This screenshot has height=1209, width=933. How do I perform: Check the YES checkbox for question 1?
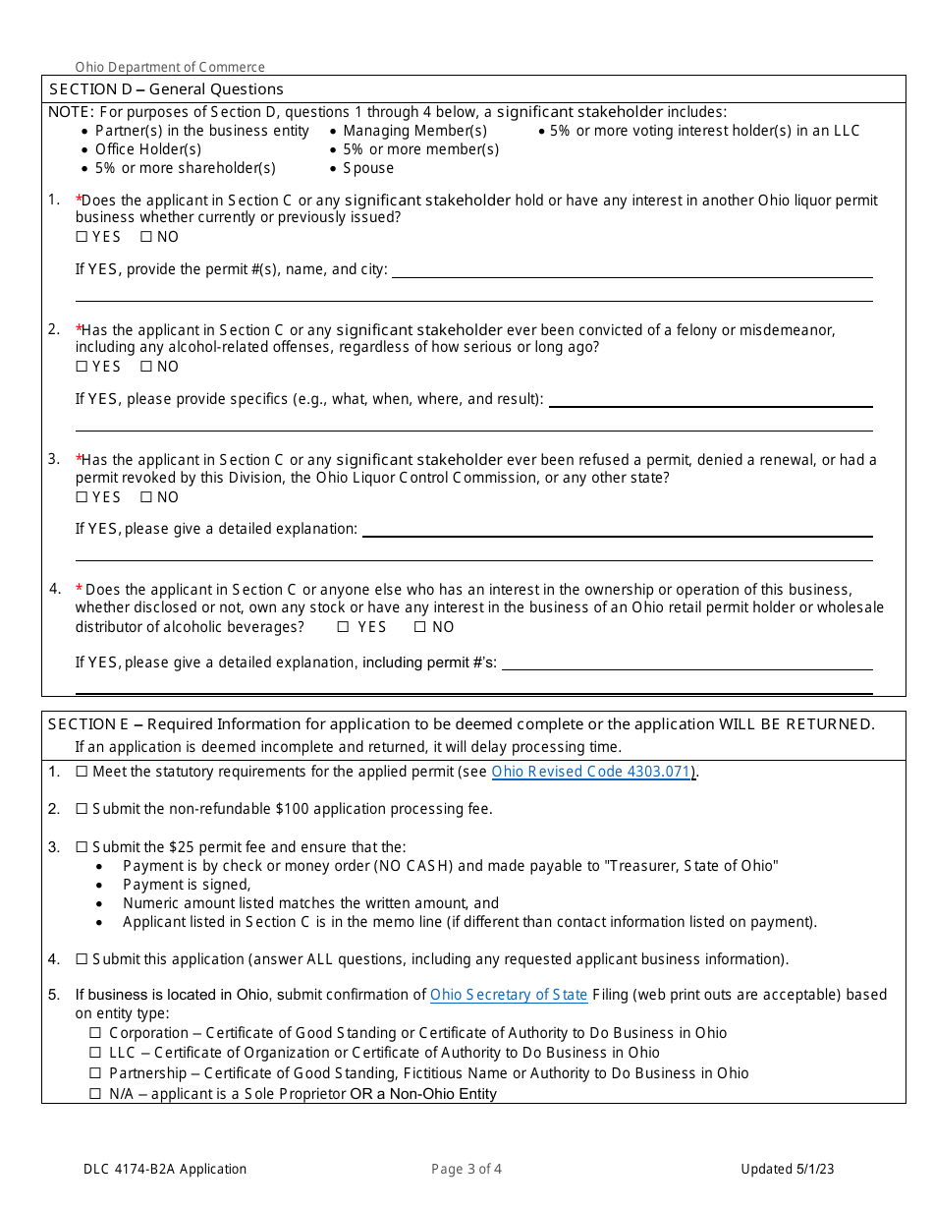coord(82,237)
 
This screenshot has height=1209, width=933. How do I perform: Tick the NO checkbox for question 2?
coord(145,367)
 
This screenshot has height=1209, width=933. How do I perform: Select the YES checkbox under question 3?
coord(82,497)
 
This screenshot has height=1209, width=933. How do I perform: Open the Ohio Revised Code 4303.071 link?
coord(592,772)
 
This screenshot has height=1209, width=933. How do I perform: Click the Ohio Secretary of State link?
coord(509,995)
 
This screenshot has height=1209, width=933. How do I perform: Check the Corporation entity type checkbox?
coord(95,1033)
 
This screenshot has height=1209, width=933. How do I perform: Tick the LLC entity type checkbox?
coord(95,1053)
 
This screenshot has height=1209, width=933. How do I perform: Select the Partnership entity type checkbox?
coord(95,1073)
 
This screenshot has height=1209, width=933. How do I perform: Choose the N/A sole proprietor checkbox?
coord(95,1094)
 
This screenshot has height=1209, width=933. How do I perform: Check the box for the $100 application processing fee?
coord(82,809)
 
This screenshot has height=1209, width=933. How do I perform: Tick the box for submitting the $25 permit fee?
coord(82,847)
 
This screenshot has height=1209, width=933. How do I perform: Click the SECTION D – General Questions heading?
coord(166,89)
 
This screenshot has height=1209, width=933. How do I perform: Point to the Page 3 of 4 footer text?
coord(466,1169)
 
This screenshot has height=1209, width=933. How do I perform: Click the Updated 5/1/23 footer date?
coord(788,1169)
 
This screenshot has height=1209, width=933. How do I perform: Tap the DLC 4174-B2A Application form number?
coord(165,1169)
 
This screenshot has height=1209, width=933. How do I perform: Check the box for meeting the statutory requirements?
coord(82,772)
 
